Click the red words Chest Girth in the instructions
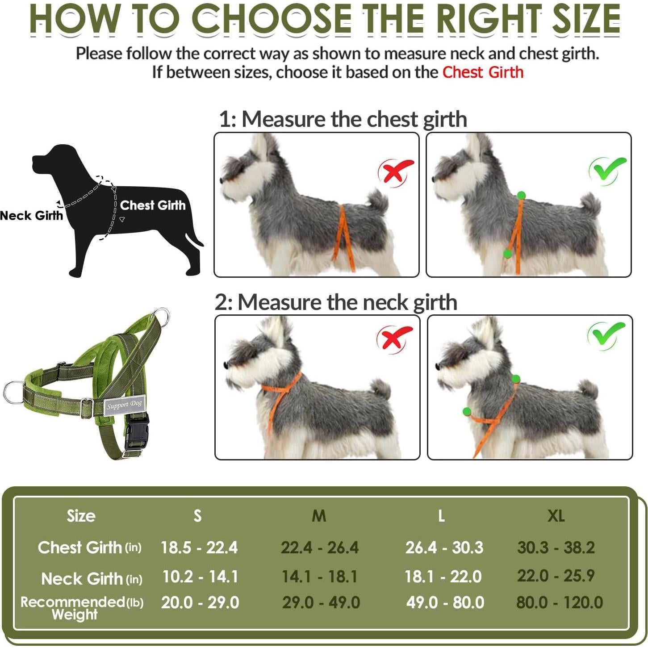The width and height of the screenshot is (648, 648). click(483, 72)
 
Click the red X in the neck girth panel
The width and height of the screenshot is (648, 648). click(394, 339)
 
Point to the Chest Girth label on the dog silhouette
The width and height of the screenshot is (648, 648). click(152, 205)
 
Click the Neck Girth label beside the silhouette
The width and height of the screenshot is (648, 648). click(31, 216)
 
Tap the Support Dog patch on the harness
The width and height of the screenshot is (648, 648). click(124, 405)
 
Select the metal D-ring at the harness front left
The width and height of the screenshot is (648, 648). click(13, 393)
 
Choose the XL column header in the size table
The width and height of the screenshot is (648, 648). click(556, 516)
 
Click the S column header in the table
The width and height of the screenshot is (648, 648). click(197, 516)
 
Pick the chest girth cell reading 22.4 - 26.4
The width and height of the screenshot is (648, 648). click(319, 548)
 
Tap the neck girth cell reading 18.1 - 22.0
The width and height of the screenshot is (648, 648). click(443, 577)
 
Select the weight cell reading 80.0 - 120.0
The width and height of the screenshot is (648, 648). click(559, 603)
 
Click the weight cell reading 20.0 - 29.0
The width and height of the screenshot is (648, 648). click(200, 603)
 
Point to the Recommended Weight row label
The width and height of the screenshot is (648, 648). click(81, 608)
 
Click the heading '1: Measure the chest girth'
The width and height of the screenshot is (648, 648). click(343, 119)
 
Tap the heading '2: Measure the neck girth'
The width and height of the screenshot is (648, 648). click(336, 302)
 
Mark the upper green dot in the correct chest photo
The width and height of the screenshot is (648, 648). click(521, 195)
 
